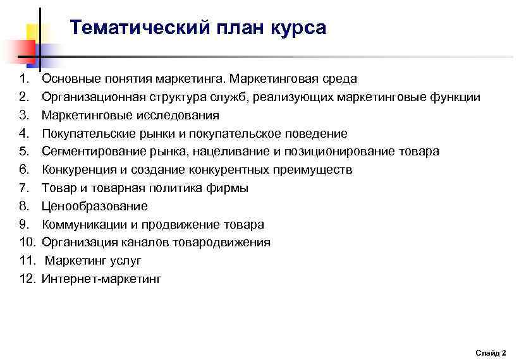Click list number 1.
[x=24, y=79]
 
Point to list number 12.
[x=27, y=279]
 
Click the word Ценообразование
[x=94, y=206]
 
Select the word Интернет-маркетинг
[x=101, y=279]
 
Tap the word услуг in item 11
[x=126, y=260]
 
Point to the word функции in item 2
[x=455, y=97]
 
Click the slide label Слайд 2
[x=491, y=352]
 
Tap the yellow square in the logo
[x=35, y=33]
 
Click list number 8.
[x=24, y=206]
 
